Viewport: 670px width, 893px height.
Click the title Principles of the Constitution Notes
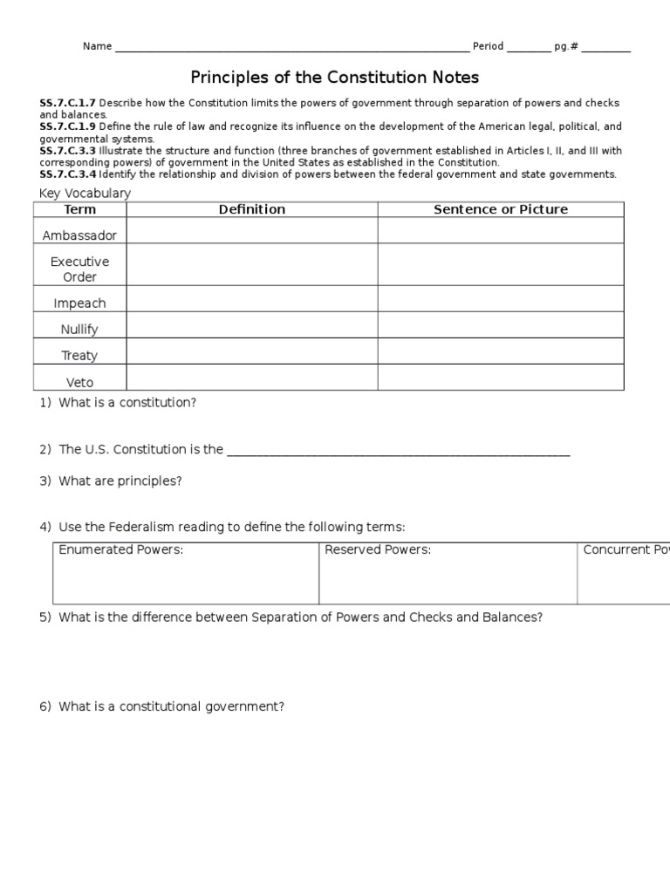click(335, 78)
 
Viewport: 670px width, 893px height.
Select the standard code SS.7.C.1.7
click(67, 104)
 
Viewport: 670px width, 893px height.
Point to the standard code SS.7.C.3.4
click(67, 174)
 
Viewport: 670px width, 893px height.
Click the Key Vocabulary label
click(85, 193)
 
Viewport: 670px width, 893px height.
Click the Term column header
click(80, 209)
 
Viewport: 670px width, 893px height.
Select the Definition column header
click(252, 209)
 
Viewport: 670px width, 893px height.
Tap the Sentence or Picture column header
click(501, 209)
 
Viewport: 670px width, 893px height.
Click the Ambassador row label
click(80, 235)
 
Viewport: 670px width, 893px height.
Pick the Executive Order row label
click(80, 269)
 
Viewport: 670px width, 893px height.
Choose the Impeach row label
click(80, 303)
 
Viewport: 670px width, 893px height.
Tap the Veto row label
click(80, 382)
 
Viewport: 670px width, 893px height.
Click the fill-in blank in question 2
click(398, 452)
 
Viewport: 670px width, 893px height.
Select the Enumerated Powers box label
click(121, 549)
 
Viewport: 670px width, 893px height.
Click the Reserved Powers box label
click(378, 549)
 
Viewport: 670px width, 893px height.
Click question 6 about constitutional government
click(171, 706)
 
